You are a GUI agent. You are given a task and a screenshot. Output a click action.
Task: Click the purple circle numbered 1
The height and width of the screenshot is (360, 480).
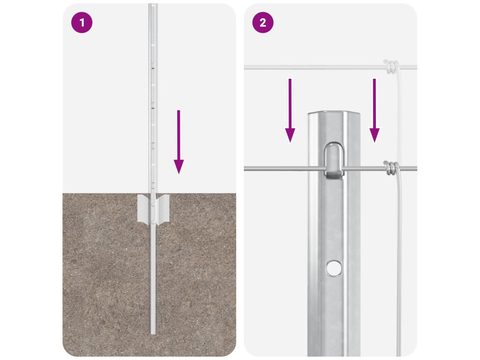(x=82, y=22)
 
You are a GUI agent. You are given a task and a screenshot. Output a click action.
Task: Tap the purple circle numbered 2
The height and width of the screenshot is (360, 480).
(x=262, y=22)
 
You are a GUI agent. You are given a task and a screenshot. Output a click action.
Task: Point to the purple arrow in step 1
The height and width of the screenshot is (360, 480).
(x=179, y=142)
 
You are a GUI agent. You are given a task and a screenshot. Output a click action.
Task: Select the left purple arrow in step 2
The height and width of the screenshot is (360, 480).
(x=290, y=111)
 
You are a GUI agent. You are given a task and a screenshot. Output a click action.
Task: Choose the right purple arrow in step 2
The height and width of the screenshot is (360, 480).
(x=375, y=111)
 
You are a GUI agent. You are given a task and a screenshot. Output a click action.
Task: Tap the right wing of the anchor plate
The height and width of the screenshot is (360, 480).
(x=162, y=208)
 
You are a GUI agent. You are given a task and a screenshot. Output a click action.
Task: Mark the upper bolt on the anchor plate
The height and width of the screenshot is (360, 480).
(x=153, y=202)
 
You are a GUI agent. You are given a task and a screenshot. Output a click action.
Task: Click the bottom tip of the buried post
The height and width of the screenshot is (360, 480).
(x=153, y=334)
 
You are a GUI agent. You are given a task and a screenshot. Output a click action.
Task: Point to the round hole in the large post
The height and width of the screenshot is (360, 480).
(x=334, y=268)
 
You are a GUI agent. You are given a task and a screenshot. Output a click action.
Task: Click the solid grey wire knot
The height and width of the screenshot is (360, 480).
(x=391, y=168)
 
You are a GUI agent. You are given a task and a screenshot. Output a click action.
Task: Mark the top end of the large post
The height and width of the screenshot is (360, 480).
(x=334, y=113)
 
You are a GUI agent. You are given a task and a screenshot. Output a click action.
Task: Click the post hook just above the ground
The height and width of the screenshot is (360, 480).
(x=153, y=185)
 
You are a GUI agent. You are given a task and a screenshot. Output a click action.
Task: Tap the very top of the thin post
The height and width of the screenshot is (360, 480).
(x=153, y=4)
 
